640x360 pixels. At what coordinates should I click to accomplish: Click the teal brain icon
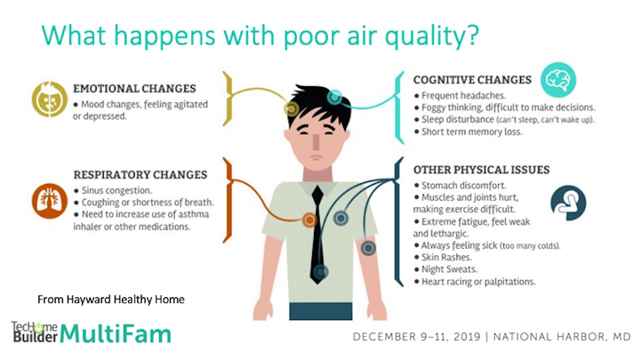click(558, 80)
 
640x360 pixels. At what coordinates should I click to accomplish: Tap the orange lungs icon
click(49, 201)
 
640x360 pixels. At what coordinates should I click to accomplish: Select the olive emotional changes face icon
click(49, 99)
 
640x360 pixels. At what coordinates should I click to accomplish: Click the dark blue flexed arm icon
click(568, 203)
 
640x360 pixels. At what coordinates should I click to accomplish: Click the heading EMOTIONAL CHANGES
click(134, 88)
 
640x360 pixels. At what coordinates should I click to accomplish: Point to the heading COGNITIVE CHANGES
click(472, 79)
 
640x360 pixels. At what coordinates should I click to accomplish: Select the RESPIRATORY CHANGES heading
click(140, 175)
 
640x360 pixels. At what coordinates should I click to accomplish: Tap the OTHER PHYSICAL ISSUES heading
click(481, 169)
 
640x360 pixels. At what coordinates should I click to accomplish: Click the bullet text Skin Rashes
click(446, 257)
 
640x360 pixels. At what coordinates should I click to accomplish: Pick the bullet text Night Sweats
click(449, 269)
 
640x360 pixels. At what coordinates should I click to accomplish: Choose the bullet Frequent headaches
click(463, 95)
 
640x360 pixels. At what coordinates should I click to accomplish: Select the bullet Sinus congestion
click(116, 190)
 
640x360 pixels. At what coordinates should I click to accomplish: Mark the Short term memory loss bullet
click(471, 131)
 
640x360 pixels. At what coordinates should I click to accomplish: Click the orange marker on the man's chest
click(309, 220)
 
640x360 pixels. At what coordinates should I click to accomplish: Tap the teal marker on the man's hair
click(334, 97)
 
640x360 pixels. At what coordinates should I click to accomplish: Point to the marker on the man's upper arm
click(368, 248)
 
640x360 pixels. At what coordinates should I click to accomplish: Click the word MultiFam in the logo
click(115, 333)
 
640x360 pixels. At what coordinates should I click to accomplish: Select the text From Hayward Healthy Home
click(111, 299)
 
